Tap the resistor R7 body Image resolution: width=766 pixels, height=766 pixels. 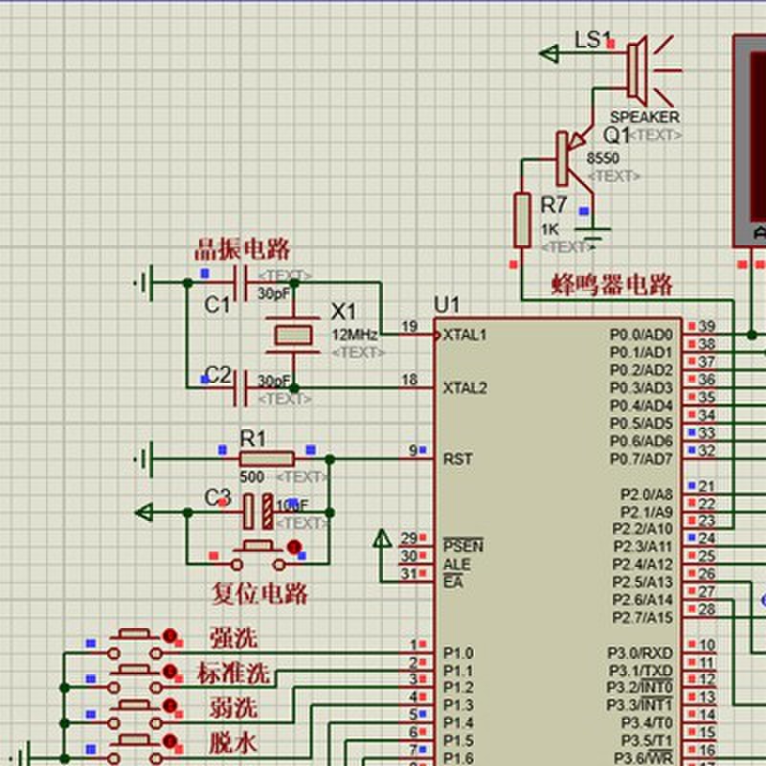522,219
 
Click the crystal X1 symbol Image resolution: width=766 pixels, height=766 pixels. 293,334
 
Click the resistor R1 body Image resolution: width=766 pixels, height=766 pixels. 266,460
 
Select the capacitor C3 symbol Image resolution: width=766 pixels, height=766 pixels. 257,512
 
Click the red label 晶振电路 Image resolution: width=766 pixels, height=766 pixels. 242,250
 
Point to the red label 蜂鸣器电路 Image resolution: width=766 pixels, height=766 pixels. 612,284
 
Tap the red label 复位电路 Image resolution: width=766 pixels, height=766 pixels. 259,594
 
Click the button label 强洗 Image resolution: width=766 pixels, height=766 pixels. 234,638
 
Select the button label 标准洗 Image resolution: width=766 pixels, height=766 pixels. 234,673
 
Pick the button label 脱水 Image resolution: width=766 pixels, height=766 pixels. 234,743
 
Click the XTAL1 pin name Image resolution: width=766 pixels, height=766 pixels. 464,335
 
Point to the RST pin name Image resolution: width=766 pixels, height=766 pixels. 457,460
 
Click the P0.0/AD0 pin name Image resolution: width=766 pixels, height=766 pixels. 641,335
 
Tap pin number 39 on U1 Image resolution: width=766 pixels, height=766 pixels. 707,327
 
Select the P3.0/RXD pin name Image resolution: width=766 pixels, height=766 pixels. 641,653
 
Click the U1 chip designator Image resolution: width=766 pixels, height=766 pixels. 446,304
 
